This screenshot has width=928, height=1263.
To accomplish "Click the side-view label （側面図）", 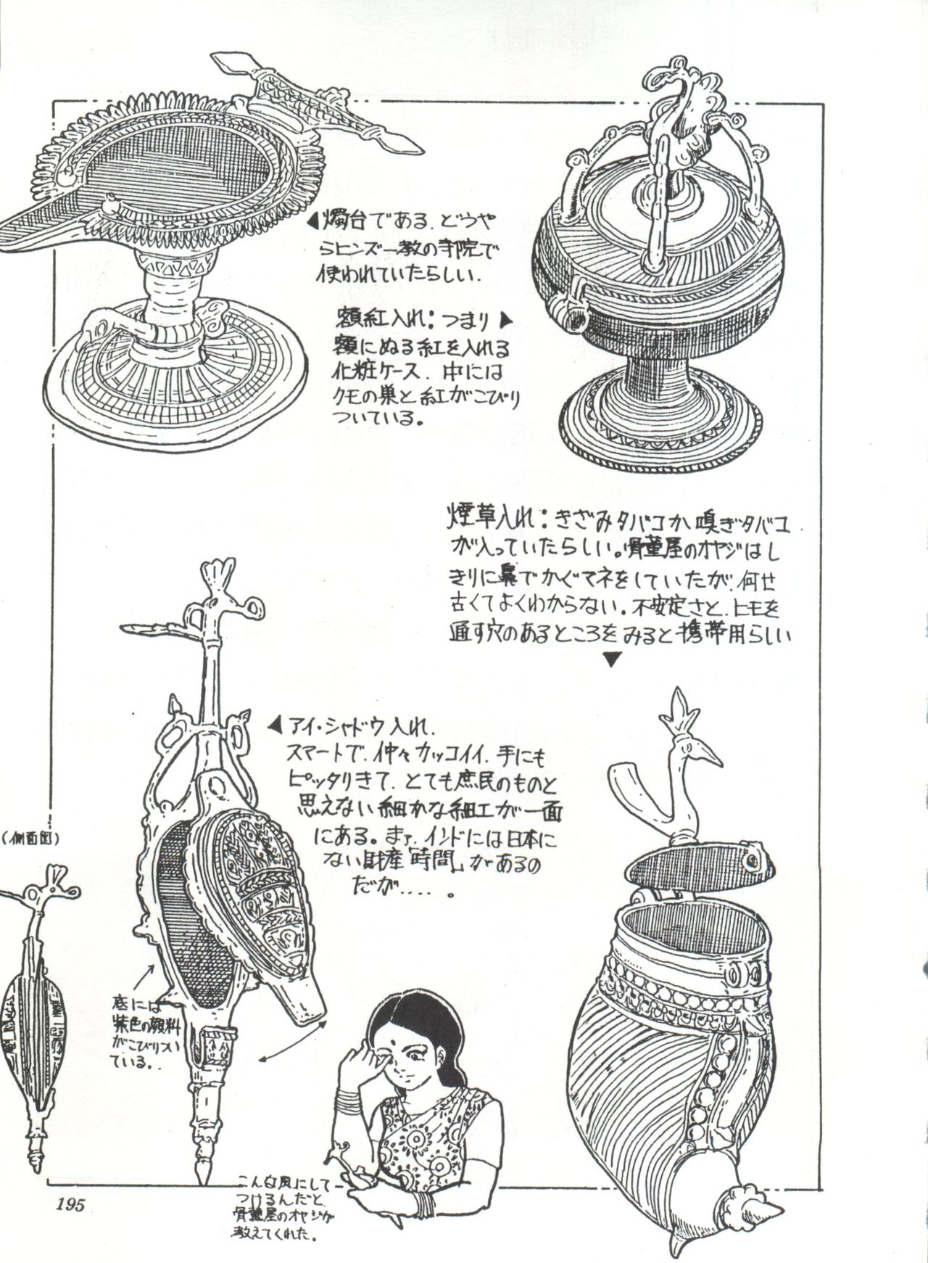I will point(33,839).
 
